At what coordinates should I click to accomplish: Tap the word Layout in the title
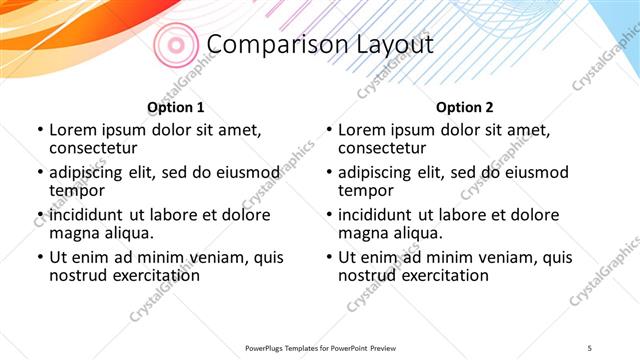389,45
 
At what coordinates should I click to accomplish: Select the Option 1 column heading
176,107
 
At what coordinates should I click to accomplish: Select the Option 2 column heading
465,107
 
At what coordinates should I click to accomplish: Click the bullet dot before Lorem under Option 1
39,130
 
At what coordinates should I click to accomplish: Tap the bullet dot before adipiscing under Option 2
328,173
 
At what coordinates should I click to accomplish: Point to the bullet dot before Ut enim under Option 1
39,257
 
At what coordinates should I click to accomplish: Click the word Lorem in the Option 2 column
362,130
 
